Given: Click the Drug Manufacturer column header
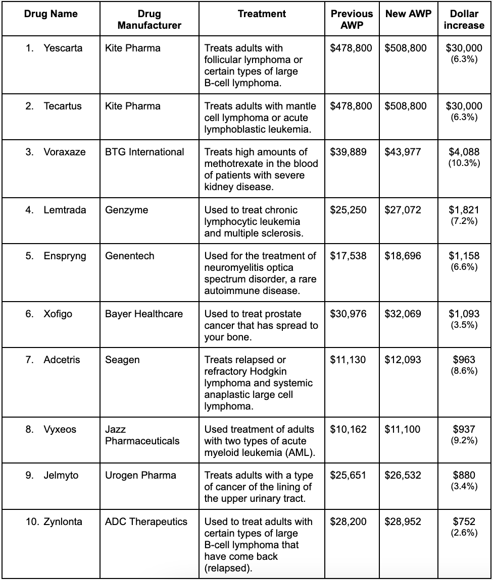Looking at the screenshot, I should [x=149, y=19].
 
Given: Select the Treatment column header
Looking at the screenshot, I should [x=262, y=14].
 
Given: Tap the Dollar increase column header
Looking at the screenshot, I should [x=464, y=19].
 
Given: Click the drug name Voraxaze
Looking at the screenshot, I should [x=64, y=152].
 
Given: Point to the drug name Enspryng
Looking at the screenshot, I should [x=65, y=256].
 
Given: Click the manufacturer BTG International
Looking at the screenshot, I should [x=144, y=152].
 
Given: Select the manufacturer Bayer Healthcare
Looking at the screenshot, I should [x=144, y=314].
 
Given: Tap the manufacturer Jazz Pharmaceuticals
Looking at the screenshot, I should [x=142, y=435].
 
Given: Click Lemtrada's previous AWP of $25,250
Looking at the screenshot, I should [x=348, y=210].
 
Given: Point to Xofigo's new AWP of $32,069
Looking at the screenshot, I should [x=403, y=314].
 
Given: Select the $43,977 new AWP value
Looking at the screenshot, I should [x=403, y=152].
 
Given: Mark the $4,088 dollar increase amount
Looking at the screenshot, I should [x=464, y=152].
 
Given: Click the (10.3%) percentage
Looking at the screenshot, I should [x=464, y=163].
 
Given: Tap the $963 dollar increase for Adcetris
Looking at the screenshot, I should [x=464, y=360].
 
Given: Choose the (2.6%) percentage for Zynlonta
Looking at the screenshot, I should [x=464, y=533].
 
